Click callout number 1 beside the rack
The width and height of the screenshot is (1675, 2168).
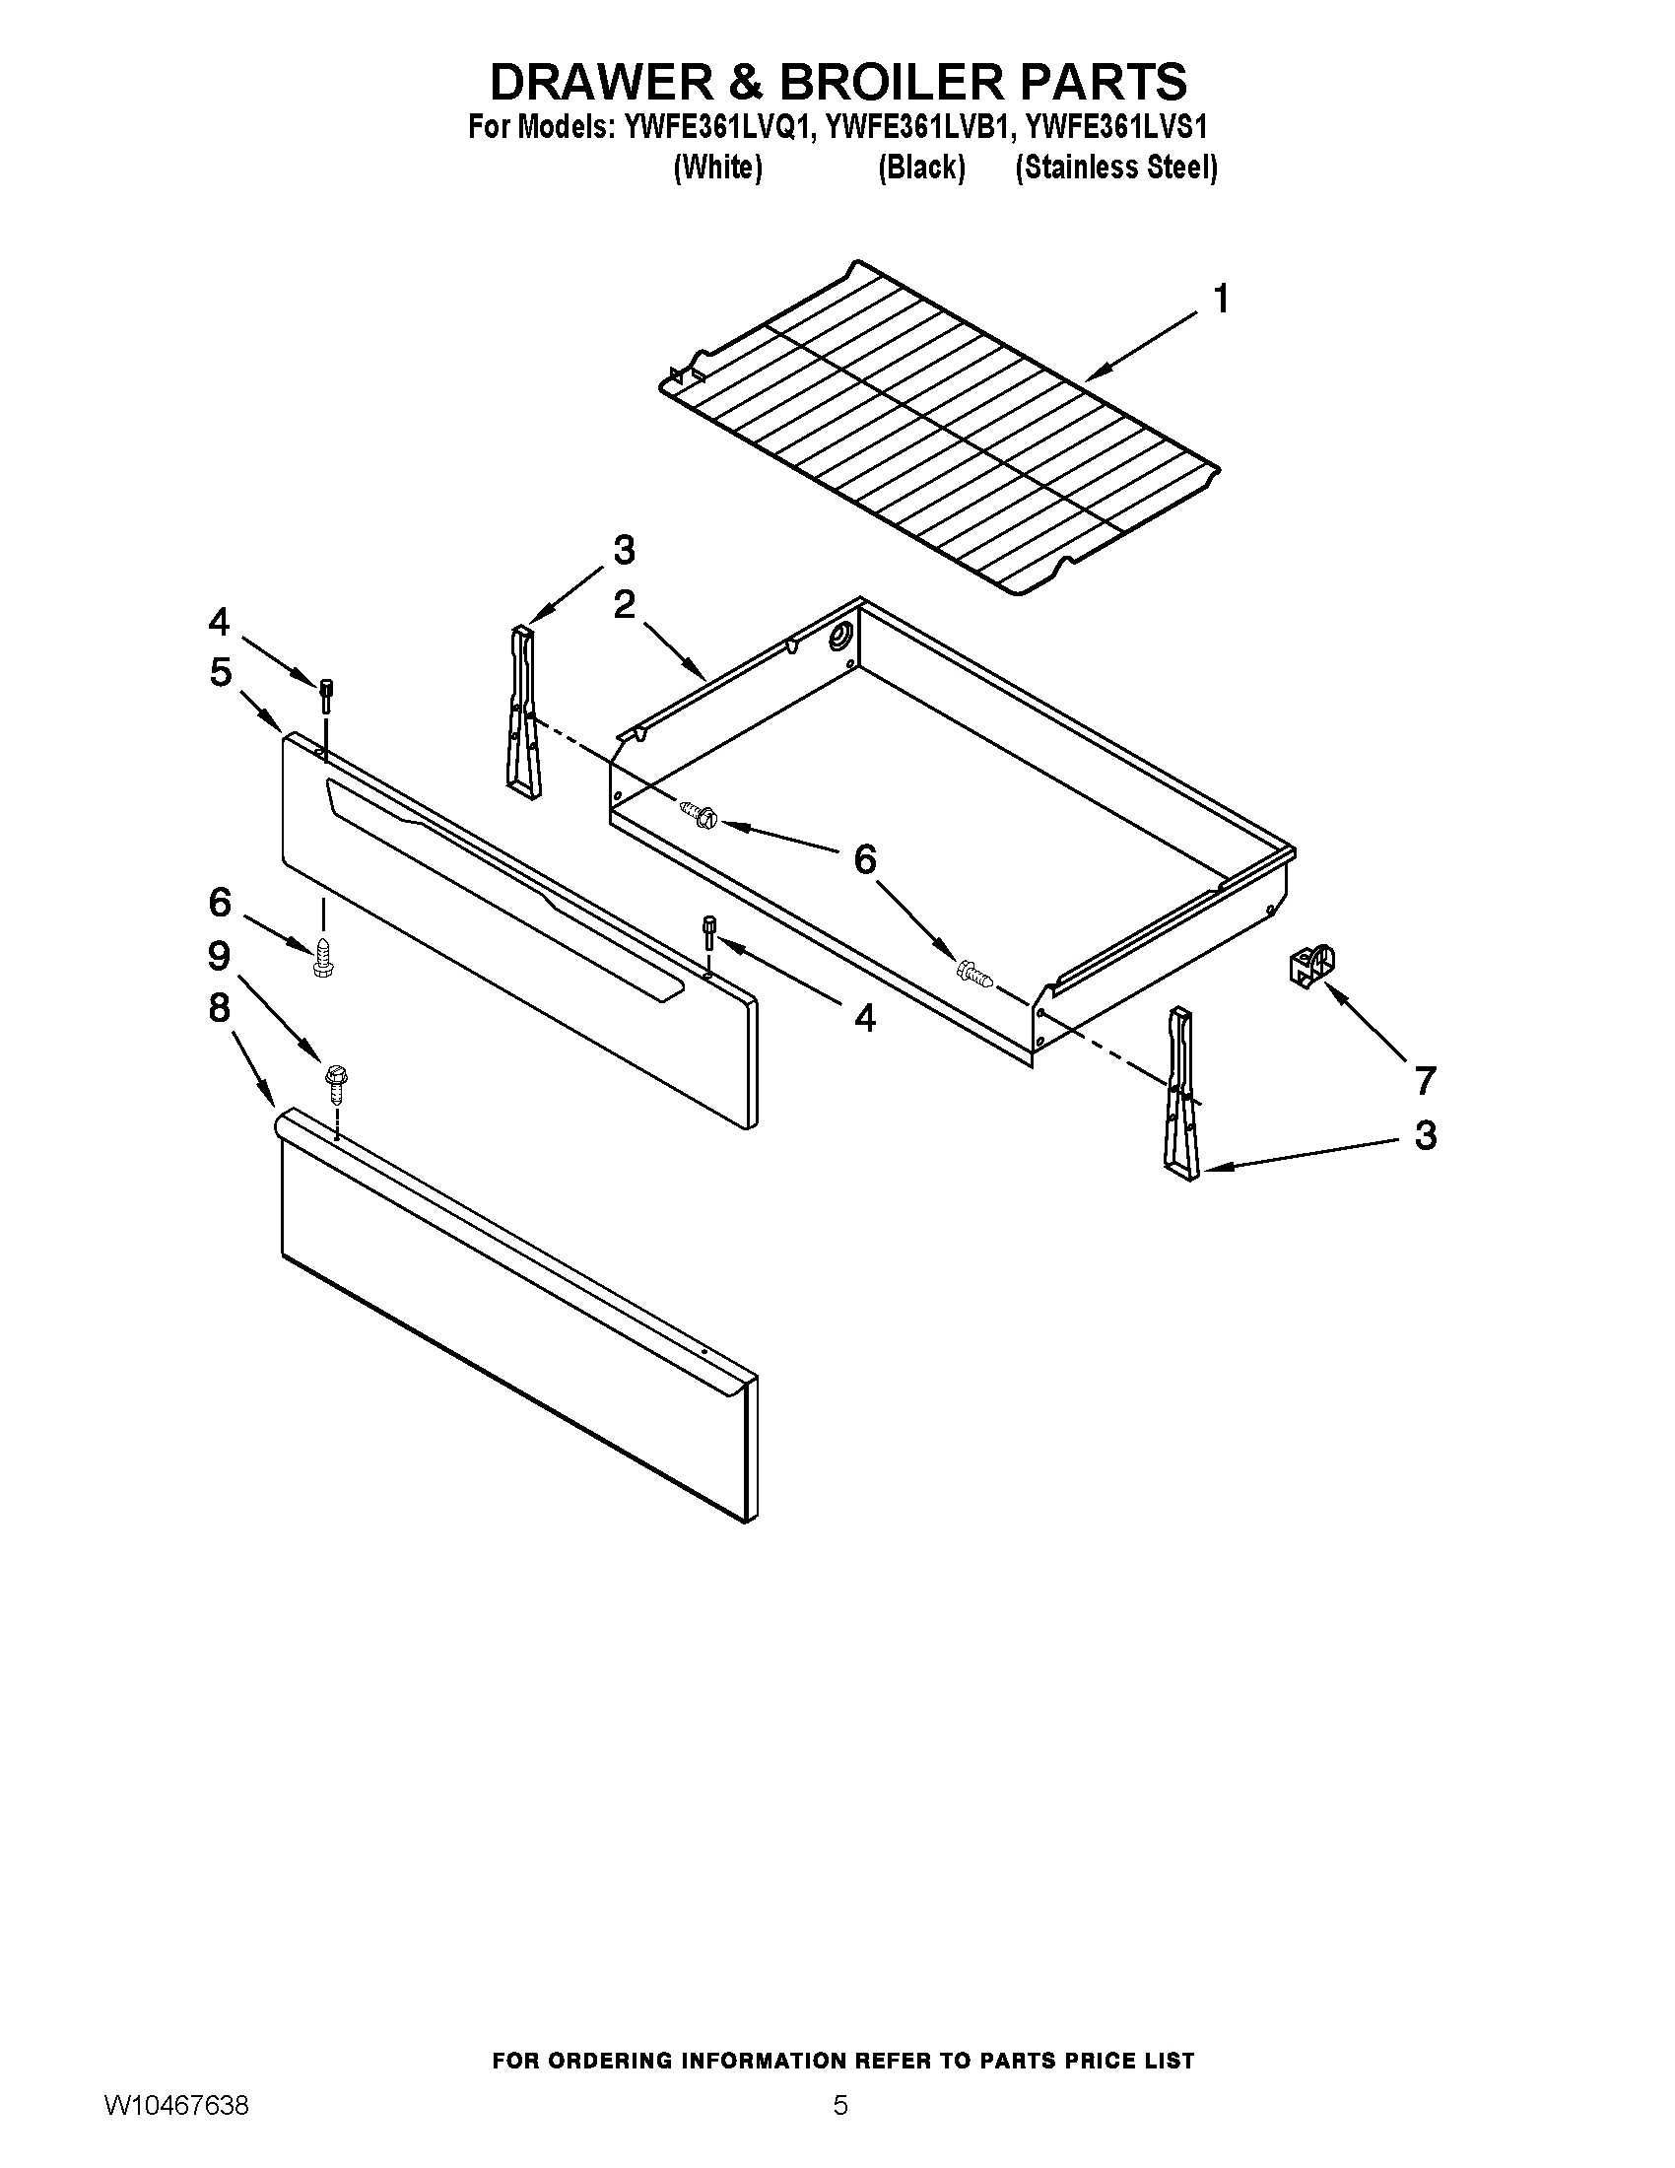[x=1222, y=299]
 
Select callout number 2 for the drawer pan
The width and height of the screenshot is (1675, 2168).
[x=624, y=603]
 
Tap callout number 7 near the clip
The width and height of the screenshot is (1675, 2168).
[x=1425, y=1079]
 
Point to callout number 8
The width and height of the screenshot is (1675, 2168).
[x=220, y=1007]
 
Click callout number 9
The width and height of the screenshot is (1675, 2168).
[x=220, y=956]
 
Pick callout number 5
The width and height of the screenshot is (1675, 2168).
[x=221, y=672]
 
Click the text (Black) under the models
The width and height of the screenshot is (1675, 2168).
[x=921, y=168]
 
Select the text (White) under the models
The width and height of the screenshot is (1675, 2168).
[x=717, y=168]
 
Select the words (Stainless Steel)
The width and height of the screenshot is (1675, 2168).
[x=1115, y=168]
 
